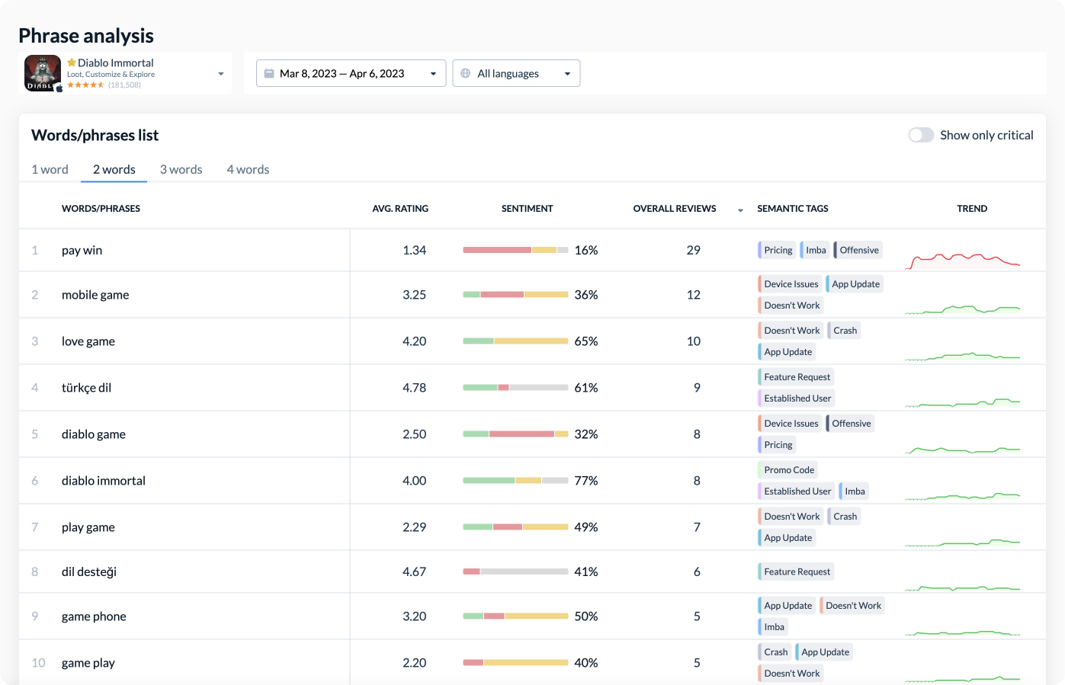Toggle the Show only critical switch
coord(921,135)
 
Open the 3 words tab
coord(181,169)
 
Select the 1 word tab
coord(50,169)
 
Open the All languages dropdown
coord(516,73)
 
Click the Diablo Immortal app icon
coord(42,73)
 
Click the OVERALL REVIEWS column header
coord(675,208)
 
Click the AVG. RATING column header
coord(400,208)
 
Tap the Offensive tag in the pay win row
coord(858,250)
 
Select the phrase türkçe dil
coord(86,388)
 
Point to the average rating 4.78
coord(414,388)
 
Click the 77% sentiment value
coord(585,481)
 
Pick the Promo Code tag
coord(788,470)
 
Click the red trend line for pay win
coord(962,259)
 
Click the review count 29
coord(693,250)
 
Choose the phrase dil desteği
coord(89,571)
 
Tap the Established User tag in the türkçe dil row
coord(797,399)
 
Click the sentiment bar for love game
coord(515,341)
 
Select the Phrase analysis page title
coord(86,36)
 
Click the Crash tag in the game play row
coord(775,652)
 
